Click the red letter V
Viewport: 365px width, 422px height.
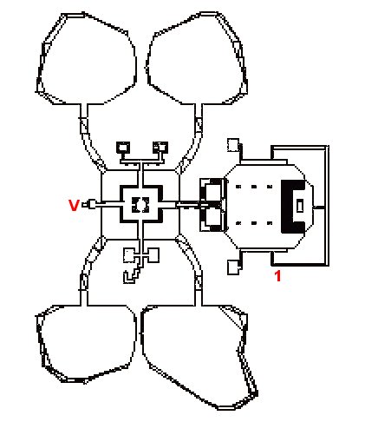tap(74, 205)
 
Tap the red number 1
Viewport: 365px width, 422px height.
tap(277, 276)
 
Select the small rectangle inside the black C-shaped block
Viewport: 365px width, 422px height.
tap(300, 206)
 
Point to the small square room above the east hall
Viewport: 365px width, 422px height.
tap(233, 145)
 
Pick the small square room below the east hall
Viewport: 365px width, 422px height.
tap(233, 267)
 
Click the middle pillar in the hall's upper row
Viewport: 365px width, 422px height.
tap(254, 187)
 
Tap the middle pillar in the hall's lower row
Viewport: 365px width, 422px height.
tap(254, 223)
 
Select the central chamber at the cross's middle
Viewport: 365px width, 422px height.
tap(140, 205)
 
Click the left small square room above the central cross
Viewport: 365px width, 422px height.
tap(123, 148)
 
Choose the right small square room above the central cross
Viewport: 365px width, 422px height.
tap(160, 148)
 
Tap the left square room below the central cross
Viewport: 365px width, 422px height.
tap(128, 255)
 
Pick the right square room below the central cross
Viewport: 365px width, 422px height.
tap(153, 255)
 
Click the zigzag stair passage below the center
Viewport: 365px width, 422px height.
tap(132, 275)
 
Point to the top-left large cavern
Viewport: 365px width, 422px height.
tap(87, 58)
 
